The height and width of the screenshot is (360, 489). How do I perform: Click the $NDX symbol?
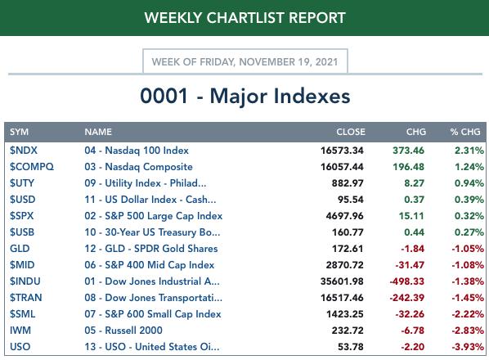(x=24, y=151)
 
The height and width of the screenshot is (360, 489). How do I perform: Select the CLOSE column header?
(x=351, y=132)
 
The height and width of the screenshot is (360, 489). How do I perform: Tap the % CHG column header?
(x=465, y=132)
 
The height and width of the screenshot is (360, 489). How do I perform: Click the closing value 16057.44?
(x=342, y=167)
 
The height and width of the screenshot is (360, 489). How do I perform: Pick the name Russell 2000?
(x=133, y=331)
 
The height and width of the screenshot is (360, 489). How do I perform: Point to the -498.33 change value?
(x=406, y=281)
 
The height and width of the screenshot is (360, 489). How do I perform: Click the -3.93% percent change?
(x=468, y=347)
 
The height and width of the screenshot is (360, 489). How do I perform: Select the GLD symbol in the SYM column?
(x=20, y=249)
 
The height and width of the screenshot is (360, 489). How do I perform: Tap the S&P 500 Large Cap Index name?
(x=164, y=216)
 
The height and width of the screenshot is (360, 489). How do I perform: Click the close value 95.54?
(x=351, y=200)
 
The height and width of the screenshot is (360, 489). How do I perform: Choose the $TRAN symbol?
(x=25, y=298)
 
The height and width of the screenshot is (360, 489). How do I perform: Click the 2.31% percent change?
(x=469, y=151)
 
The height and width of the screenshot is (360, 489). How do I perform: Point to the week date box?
(x=245, y=61)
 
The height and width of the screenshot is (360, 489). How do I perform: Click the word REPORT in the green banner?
(x=317, y=18)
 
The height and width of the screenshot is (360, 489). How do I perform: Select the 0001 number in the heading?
(x=164, y=96)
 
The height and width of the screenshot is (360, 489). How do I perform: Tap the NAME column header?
(x=98, y=132)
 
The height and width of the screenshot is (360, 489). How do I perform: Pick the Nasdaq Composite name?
(x=149, y=167)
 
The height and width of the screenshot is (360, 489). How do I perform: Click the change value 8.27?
(x=414, y=183)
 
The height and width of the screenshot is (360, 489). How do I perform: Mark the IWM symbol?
(x=20, y=331)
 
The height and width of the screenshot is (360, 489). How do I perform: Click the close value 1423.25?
(x=344, y=314)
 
